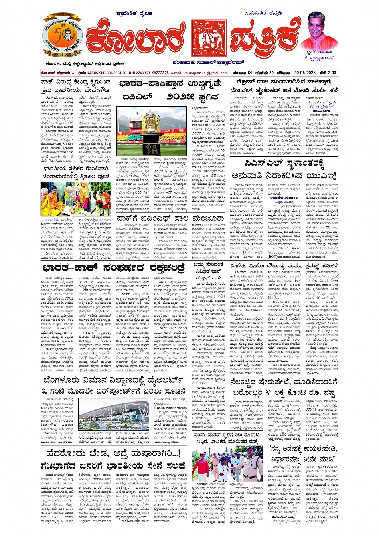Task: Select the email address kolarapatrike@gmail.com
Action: point(205,73)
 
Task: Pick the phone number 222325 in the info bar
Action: point(162,73)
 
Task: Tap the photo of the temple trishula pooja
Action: point(71,199)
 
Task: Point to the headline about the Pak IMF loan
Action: point(170,219)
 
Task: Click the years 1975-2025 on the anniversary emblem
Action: point(63,53)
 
